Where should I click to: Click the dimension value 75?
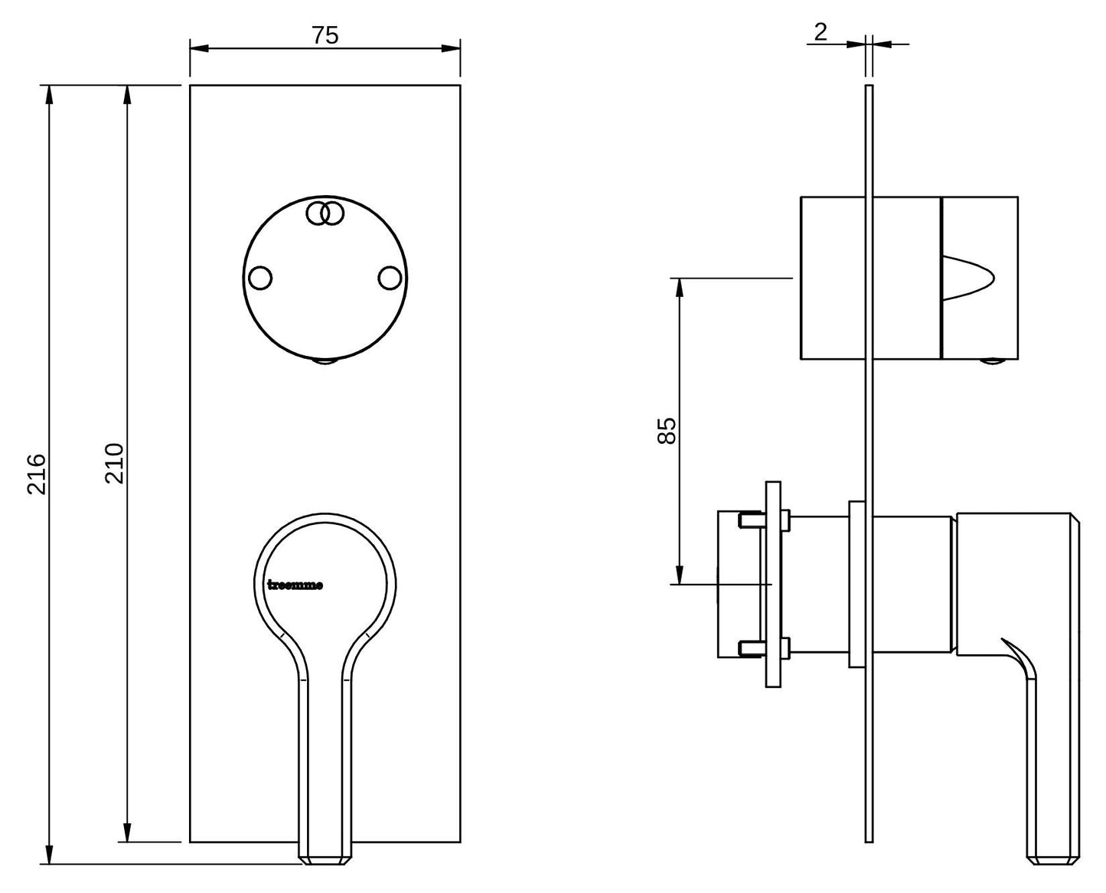click(325, 35)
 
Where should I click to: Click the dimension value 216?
click(37, 474)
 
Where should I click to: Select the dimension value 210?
click(115, 464)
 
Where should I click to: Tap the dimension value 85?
click(667, 430)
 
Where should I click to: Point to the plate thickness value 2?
click(821, 32)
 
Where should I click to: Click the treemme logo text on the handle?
click(295, 585)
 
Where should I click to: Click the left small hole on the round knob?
click(260, 278)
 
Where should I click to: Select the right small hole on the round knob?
click(390, 278)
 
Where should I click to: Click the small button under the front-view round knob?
click(325, 361)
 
